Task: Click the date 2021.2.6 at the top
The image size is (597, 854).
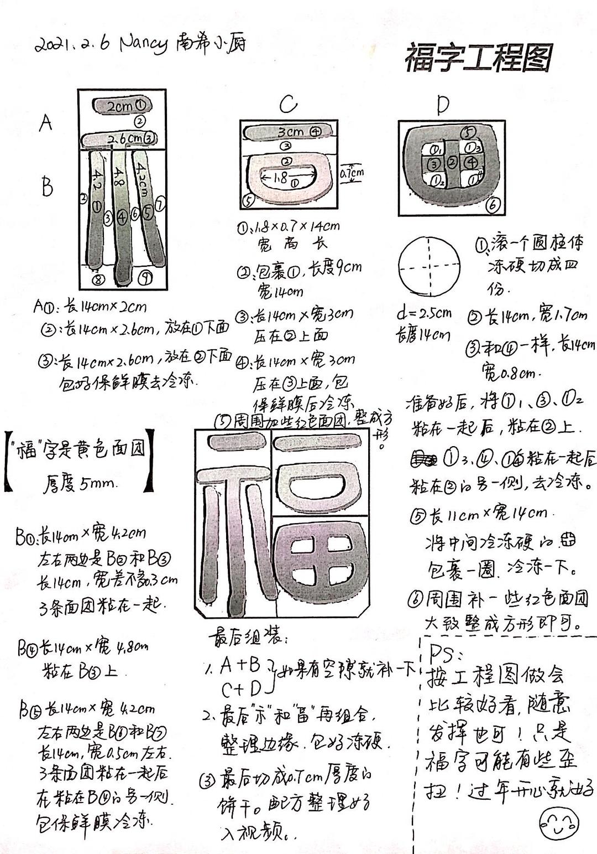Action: click(x=72, y=44)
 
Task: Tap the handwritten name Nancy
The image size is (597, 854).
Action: click(x=143, y=43)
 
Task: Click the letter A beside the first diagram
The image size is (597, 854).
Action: click(x=46, y=122)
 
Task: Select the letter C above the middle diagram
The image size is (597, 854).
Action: click(x=288, y=104)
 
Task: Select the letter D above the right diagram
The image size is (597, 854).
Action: click(x=442, y=105)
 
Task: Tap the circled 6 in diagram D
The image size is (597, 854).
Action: click(x=493, y=205)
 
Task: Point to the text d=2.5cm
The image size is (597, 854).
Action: click(x=424, y=313)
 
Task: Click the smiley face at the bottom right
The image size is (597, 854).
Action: click(x=558, y=822)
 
